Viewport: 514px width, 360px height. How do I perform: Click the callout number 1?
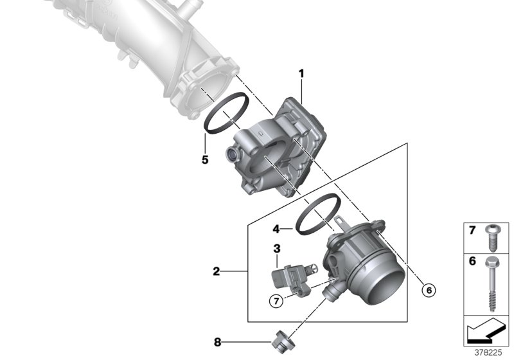pyautogui.click(x=301, y=75)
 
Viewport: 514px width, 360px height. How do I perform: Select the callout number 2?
pyautogui.click(x=217, y=273)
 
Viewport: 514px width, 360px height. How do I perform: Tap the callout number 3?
pyautogui.click(x=276, y=248)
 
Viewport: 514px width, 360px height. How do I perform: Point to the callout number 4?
pyautogui.click(x=276, y=228)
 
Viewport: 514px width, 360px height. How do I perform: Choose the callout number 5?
pyautogui.click(x=205, y=159)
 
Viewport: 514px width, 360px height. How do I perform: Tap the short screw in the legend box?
pyautogui.click(x=493, y=237)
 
